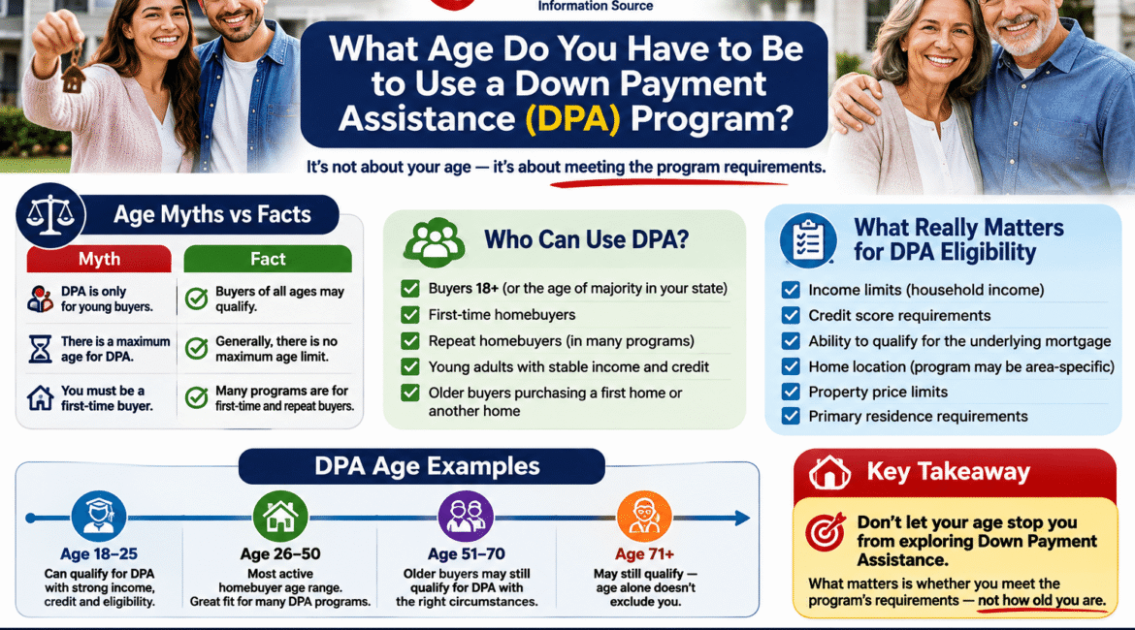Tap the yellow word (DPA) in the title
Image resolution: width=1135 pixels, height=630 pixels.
click(x=572, y=118)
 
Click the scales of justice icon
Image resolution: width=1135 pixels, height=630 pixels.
click(x=49, y=215)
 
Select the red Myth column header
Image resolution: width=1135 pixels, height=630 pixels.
click(x=99, y=259)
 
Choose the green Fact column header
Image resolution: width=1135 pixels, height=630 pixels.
click(x=268, y=259)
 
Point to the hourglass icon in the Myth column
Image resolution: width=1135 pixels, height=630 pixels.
click(x=41, y=349)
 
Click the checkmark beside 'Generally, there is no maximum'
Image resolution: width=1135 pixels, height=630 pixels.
click(x=196, y=349)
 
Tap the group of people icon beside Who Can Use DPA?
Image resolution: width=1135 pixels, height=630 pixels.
click(x=435, y=241)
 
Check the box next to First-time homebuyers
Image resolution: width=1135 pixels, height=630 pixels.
click(x=410, y=315)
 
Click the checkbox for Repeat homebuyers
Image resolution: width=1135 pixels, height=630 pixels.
click(x=410, y=340)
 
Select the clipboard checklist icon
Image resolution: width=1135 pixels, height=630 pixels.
click(x=808, y=240)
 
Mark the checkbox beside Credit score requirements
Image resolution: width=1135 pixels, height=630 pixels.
click(x=791, y=315)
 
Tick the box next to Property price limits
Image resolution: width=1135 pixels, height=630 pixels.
click(x=791, y=392)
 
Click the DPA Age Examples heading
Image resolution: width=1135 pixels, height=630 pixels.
click(x=427, y=466)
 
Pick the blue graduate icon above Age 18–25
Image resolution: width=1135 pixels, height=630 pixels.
click(x=99, y=517)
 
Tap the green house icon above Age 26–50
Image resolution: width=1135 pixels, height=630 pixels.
click(x=280, y=517)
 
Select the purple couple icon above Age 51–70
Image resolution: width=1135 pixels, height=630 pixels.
click(x=466, y=517)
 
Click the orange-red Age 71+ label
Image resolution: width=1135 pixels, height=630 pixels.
click(x=644, y=554)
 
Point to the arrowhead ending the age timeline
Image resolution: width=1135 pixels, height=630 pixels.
click(x=742, y=518)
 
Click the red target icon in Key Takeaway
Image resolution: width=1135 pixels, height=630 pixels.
click(x=826, y=532)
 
